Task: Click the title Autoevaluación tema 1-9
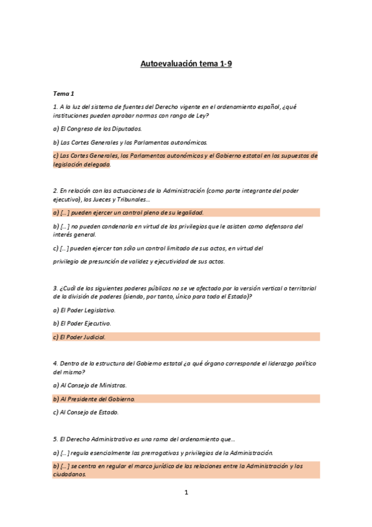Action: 186,63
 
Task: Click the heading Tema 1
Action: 63,93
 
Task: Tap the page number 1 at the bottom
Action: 186,493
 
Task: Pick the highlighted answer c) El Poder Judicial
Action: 79,337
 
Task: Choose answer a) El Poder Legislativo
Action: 84,309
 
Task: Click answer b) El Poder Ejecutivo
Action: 82,323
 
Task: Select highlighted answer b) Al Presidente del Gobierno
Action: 94,398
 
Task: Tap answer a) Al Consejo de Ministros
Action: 90,385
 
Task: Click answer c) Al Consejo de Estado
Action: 86,412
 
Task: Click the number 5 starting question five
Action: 55,439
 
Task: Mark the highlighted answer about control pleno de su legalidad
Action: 129,213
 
